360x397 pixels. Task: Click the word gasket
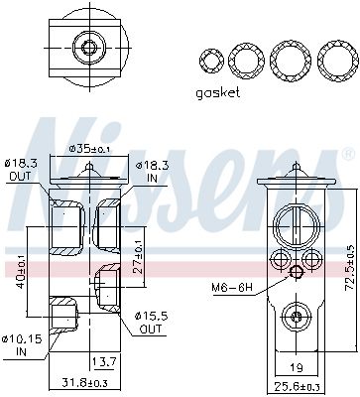click(218, 93)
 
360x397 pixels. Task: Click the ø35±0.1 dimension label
click(89, 149)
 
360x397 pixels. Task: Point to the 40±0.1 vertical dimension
click(21, 272)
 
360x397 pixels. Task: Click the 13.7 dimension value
click(103, 362)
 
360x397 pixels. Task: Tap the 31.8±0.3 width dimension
click(83, 383)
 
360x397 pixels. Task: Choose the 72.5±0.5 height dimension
click(349, 268)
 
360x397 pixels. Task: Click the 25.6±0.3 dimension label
click(297, 385)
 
